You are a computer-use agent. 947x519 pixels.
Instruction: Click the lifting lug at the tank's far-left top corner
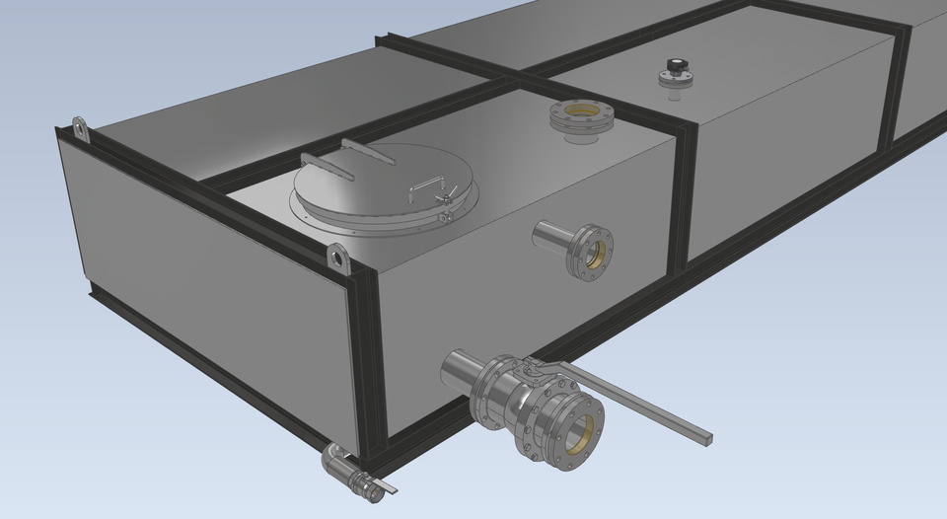pos(78,129)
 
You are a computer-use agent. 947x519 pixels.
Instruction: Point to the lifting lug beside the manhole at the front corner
pos(339,259)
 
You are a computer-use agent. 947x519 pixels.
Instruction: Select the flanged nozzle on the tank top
pos(581,120)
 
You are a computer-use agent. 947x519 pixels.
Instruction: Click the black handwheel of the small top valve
pos(676,65)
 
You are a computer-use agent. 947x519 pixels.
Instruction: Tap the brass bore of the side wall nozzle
pos(595,253)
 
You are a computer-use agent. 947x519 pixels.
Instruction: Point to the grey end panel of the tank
pos(197,276)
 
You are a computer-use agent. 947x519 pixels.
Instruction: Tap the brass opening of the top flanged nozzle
pos(581,112)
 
